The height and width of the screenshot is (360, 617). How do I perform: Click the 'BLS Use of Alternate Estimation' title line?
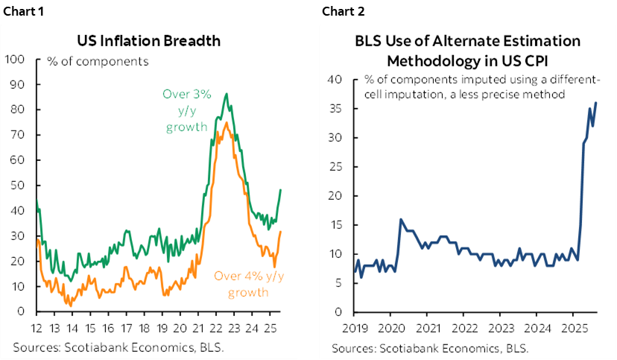pyautogui.click(x=466, y=41)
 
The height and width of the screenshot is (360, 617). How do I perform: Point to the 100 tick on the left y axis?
pyautogui.click(x=15, y=59)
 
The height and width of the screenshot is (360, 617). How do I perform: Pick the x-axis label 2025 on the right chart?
pyautogui.click(x=572, y=329)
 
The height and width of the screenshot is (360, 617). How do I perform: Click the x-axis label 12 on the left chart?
pyautogui.click(x=35, y=329)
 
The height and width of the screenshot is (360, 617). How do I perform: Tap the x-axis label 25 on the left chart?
pyautogui.click(x=272, y=329)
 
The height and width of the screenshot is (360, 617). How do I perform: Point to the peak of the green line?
pyautogui.click(x=226, y=94)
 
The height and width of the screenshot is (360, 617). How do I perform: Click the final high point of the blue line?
pyautogui.click(x=596, y=103)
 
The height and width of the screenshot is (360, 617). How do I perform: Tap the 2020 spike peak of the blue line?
pyautogui.click(x=401, y=219)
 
